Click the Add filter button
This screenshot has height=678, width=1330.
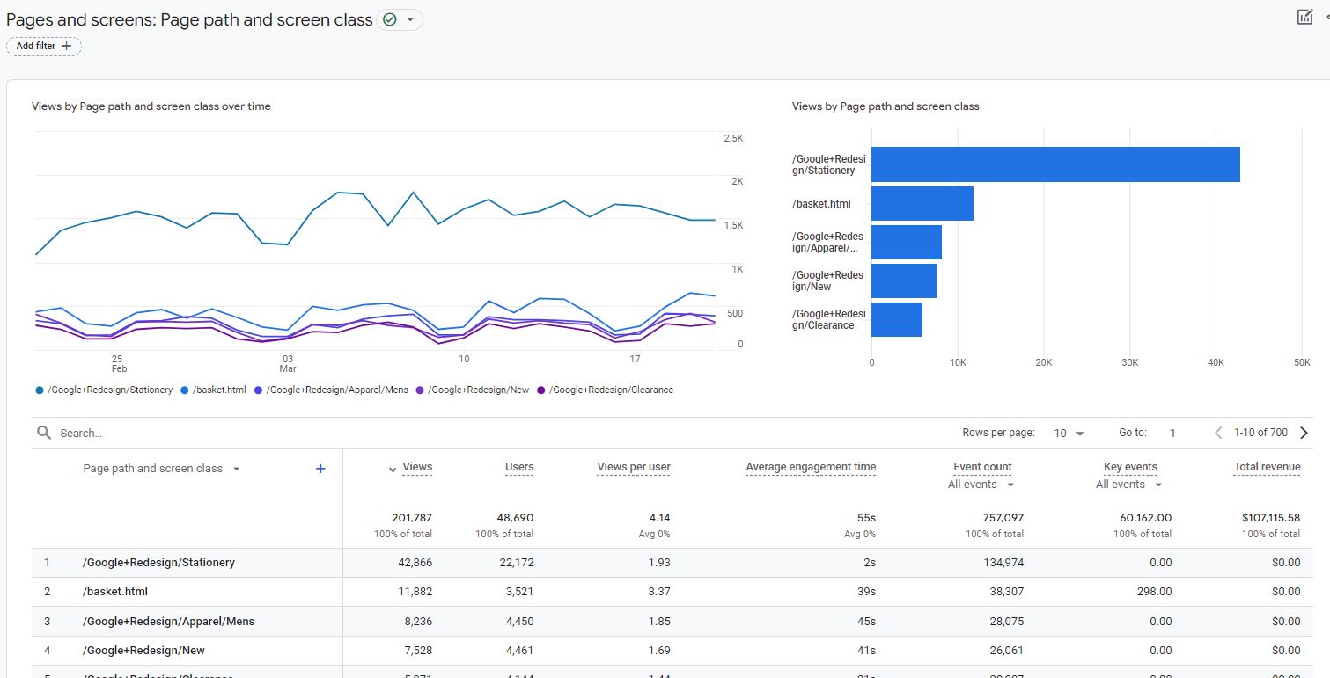tap(43, 46)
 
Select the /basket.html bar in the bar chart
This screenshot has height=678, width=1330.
tap(922, 203)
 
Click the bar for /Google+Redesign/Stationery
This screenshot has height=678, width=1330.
tap(1054, 164)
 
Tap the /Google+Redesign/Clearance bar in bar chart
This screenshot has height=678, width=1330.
tap(896, 319)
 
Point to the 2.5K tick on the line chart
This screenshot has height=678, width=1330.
tap(732, 139)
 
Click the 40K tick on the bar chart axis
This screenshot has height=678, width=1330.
tap(1216, 362)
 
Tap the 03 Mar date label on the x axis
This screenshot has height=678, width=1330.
tap(288, 363)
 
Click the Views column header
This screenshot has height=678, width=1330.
tap(416, 467)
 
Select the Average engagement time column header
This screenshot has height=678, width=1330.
tap(810, 467)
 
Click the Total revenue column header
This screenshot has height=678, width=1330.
tap(1267, 467)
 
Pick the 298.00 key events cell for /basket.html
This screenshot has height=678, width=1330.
tap(1154, 592)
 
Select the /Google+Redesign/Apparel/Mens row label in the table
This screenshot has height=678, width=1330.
tap(168, 621)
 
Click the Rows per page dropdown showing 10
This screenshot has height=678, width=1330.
tap(1069, 433)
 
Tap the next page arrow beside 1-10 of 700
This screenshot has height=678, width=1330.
tap(1304, 433)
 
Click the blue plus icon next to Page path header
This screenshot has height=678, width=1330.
tap(320, 469)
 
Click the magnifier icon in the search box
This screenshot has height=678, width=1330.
tap(44, 433)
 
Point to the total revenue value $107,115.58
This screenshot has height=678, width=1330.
tap(1266, 518)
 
